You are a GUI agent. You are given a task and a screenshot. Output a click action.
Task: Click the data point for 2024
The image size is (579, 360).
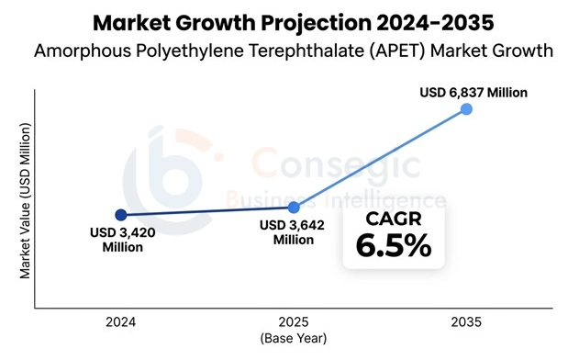pos(121,215)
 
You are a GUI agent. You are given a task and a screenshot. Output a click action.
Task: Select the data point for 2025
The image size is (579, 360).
pos(294,208)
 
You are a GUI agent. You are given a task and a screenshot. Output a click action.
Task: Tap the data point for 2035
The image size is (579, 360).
pos(466,109)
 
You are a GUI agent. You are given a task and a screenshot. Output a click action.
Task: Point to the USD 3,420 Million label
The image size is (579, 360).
pos(123,240)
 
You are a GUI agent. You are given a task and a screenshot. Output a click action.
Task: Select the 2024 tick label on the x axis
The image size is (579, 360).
pos(121,323)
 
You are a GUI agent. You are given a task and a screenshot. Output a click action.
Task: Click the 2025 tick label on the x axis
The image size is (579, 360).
pos(294,323)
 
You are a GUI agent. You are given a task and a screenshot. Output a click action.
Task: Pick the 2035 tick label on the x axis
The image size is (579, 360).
pos(466,323)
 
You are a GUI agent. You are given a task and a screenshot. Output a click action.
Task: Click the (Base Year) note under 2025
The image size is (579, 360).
pos(294,338)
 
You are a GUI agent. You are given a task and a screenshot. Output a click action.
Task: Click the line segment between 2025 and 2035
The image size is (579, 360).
pos(380,158)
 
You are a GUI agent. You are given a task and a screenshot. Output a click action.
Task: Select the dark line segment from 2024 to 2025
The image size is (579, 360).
pos(207,211)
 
